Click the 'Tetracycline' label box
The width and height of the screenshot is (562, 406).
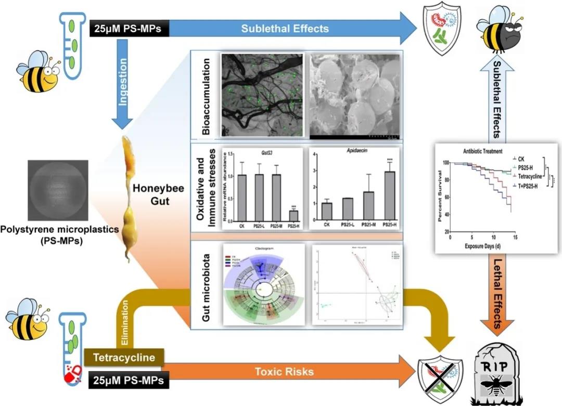click(x=124, y=358)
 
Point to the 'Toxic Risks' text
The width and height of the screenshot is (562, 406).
click(x=284, y=372)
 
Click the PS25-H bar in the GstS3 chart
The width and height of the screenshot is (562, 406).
click(x=293, y=216)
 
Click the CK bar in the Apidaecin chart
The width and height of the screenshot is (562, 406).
click(x=326, y=212)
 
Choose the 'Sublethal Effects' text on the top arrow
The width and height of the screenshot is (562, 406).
click(x=285, y=28)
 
